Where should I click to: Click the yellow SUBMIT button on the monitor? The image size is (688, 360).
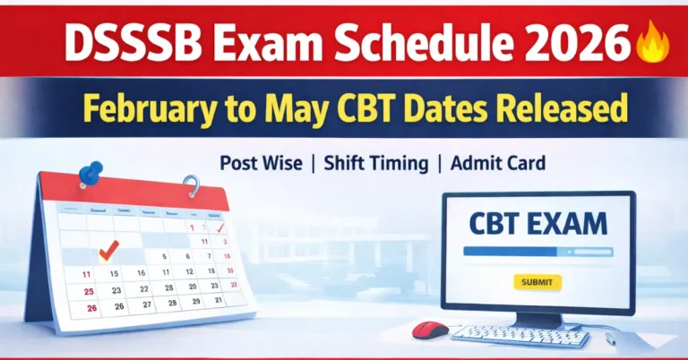click(x=537, y=282)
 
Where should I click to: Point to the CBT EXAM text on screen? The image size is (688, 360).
click(x=537, y=222)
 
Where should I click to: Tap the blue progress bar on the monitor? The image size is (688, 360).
click(x=537, y=252)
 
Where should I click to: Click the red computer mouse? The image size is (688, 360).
click(x=430, y=330)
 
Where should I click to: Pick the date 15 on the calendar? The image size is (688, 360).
click(x=114, y=272)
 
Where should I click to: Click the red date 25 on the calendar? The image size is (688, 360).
click(x=88, y=291)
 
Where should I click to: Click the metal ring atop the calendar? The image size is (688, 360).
click(x=190, y=186)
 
